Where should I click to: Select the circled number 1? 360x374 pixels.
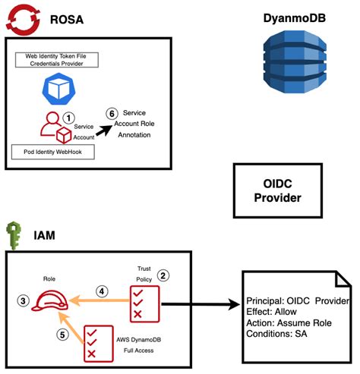pos(68,118)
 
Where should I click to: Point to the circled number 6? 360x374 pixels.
pos(113,113)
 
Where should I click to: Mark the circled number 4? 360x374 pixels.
pos(102,289)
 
